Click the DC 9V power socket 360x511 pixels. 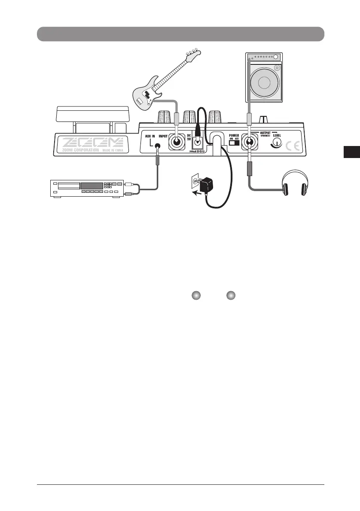[x=198, y=144]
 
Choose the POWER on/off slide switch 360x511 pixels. [x=234, y=143]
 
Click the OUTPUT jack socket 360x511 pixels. [x=249, y=143]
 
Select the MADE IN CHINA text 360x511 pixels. [x=113, y=151]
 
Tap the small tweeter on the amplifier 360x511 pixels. [x=277, y=67]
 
